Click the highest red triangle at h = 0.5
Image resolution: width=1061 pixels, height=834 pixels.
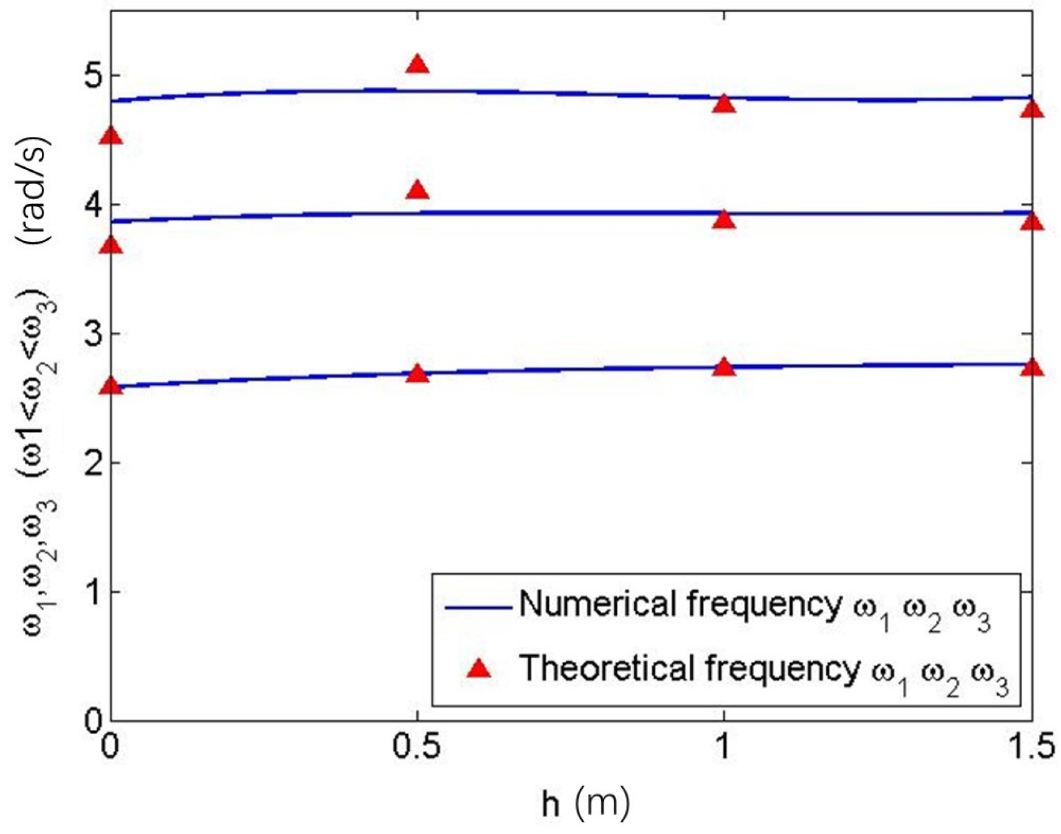pyautogui.click(x=417, y=65)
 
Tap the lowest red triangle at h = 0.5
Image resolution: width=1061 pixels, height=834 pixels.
pyautogui.click(x=417, y=374)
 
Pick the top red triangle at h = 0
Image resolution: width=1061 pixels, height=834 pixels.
pyautogui.click(x=111, y=136)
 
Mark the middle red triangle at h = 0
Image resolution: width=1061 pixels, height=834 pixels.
pyautogui.click(x=111, y=245)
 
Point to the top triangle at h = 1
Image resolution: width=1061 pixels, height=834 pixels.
pyautogui.click(x=724, y=104)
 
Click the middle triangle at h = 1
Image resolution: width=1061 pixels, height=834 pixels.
pyautogui.click(x=724, y=220)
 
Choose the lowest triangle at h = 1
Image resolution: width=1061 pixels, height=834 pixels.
pyautogui.click(x=724, y=368)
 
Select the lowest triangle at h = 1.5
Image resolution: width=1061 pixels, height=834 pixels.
pyautogui.click(x=1032, y=368)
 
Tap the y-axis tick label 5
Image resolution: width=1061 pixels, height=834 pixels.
pyautogui.click(x=91, y=76)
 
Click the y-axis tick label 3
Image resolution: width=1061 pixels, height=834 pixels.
pyautogui.click(x=91, y=334)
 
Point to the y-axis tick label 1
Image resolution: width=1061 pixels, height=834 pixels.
pyautogui.click(x=93, y=592)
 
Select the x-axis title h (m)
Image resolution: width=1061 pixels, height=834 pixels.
pyautogui.click(x=585, y=804)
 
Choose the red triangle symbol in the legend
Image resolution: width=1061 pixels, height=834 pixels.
pyautogui.click(x=480, y=669)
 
